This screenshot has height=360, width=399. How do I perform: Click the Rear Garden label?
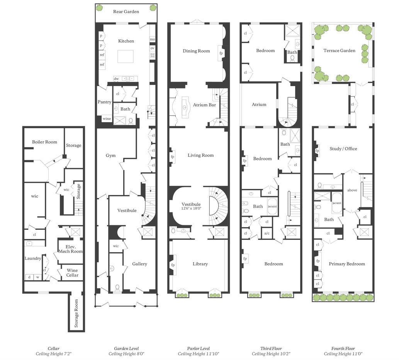coord(126,12)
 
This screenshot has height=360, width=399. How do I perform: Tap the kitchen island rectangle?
coord(126,56)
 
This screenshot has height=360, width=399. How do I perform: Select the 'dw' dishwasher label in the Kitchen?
coord(116,79)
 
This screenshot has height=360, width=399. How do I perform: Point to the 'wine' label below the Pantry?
coord(107,119)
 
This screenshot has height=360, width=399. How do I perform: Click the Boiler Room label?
coord(44,142)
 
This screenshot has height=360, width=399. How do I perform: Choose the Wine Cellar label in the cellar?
coord(72,273)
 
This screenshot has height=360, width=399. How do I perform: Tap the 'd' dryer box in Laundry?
coord(29,277)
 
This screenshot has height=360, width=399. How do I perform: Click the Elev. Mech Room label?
coord(70,249)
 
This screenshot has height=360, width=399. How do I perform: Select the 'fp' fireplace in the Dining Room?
coord(221,53)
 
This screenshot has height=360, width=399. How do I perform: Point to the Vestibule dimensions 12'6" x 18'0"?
coord(191,208)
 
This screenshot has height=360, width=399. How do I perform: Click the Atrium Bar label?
coord(204,105)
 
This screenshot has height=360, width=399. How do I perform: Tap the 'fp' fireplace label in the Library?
coord(173,265)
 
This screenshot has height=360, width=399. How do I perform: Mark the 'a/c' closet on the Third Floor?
coord(267,233)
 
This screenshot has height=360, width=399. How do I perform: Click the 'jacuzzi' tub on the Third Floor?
coord(272,206)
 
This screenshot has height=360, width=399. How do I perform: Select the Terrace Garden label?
coord(339,50)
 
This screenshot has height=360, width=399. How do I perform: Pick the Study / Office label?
coord(343,149)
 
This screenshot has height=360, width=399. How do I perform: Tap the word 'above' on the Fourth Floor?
coord(352,190)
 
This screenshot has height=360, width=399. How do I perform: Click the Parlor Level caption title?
coord(199,348)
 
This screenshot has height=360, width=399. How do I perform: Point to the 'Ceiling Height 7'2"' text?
coord(53,354)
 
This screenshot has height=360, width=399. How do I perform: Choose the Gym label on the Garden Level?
coord(111,155)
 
